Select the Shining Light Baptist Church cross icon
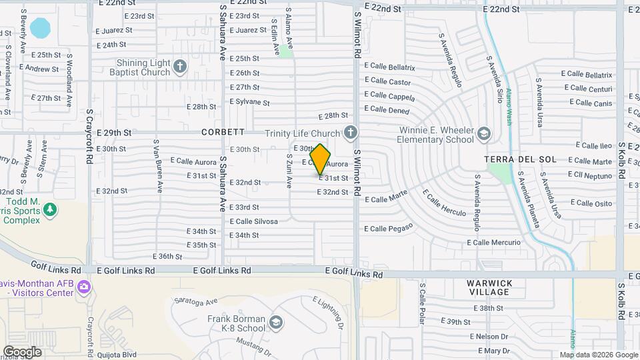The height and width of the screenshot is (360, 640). coord(181,67)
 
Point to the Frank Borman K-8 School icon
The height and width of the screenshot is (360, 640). coord(275,323)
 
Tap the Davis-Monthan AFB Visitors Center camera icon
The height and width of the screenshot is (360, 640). coord(83,287)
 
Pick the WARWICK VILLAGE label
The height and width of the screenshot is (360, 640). coord(490,288)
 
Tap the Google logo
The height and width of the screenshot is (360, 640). coord(22,351)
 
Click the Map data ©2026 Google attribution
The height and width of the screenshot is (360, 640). coord(597,355)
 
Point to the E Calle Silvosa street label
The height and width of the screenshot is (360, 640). coord(253,221)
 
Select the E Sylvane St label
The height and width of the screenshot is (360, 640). coord(249,103)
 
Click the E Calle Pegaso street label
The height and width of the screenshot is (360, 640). coord(389,227)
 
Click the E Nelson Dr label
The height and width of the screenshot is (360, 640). coord(489,337)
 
